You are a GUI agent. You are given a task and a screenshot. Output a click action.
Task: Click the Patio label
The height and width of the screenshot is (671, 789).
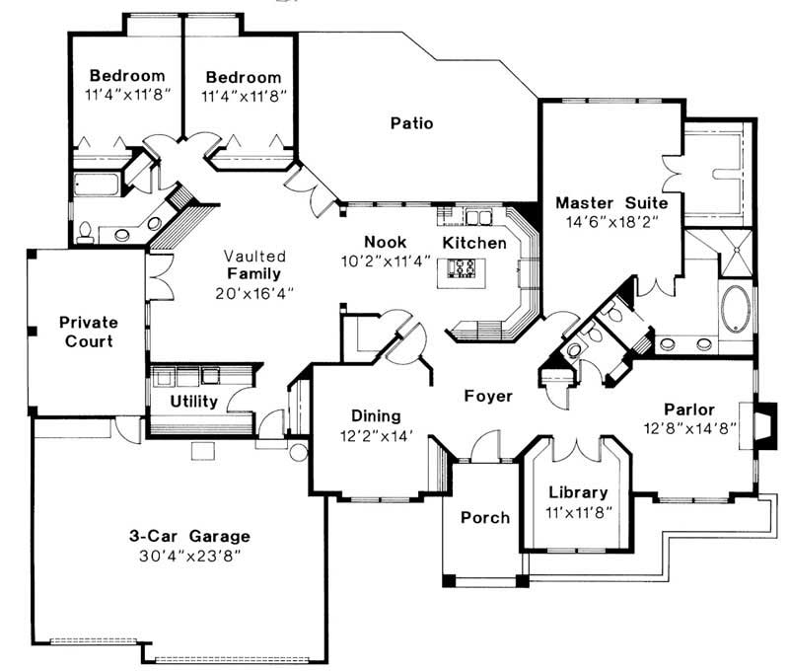pyautogui.click(x=411, y=123)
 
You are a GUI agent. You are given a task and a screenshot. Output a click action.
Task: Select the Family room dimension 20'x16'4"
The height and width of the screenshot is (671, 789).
pyautogui.click(x=253, y=293)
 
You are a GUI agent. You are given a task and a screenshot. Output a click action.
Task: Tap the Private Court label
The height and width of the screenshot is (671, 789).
pyautogui.click(x=88, y=332)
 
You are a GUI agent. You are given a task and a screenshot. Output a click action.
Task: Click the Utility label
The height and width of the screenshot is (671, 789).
pyautogui.click(x=193, y=402)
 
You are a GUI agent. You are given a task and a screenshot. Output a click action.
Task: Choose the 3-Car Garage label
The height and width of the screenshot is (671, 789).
pyautogui.click(x=189, y=536)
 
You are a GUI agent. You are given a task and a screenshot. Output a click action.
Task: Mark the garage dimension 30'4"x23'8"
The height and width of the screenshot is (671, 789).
pyautogui.click(x=189, y=556)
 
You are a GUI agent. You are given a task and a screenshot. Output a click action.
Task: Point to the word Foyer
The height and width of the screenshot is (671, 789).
pyautogui.click(x=488, y=396)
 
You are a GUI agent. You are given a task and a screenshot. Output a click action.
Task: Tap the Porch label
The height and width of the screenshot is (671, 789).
pyautogui.click(x=485, y=517)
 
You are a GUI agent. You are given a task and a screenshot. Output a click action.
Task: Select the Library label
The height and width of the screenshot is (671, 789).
pyautogui.click(x=578, y=492)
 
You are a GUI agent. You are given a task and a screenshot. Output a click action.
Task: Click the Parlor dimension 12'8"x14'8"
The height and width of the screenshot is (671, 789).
pyautogui.click(x=688, y=427)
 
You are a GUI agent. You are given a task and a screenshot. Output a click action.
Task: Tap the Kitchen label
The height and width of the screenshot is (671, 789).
pyautogui.click(x=474, y=242)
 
